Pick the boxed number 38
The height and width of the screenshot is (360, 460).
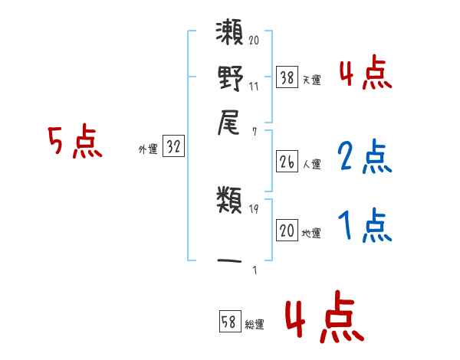(287, 77)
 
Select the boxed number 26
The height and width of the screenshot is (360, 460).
(287, 162)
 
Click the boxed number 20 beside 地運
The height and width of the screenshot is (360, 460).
(287, 231)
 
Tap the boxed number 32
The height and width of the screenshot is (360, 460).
(173, 148)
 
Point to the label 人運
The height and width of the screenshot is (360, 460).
(311, 164)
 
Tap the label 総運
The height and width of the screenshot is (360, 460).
(255, 325)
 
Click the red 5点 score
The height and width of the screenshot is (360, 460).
(74, 142)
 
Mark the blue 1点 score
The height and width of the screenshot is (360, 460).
(364, 226)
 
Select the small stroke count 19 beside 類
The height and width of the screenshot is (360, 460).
(254, 208)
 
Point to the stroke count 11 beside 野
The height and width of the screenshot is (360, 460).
(254, 86)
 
